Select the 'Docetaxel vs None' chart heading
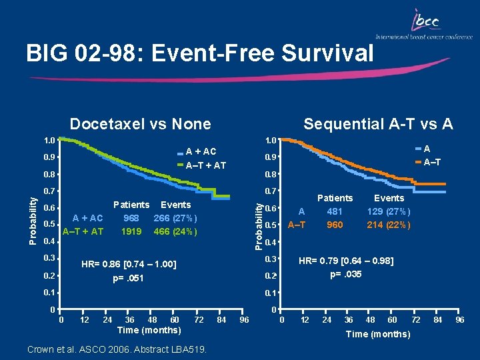(x=141, y=123)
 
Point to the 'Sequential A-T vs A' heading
(x=378, y=123)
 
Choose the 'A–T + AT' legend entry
(x=205, y=165)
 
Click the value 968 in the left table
(x=131, y=218)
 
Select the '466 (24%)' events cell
(x=175, y=231)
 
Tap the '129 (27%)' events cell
(x=389, y=211)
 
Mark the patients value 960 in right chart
(x=335, y=225)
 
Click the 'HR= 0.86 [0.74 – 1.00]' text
(x=129, y=265)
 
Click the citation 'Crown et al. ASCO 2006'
(x=115, y=349)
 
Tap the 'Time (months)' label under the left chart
(x=148, y=330)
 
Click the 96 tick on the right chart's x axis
(x=459, y=321)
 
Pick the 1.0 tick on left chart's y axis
(x=49, y=141)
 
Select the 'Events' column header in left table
(x=175, y=205)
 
